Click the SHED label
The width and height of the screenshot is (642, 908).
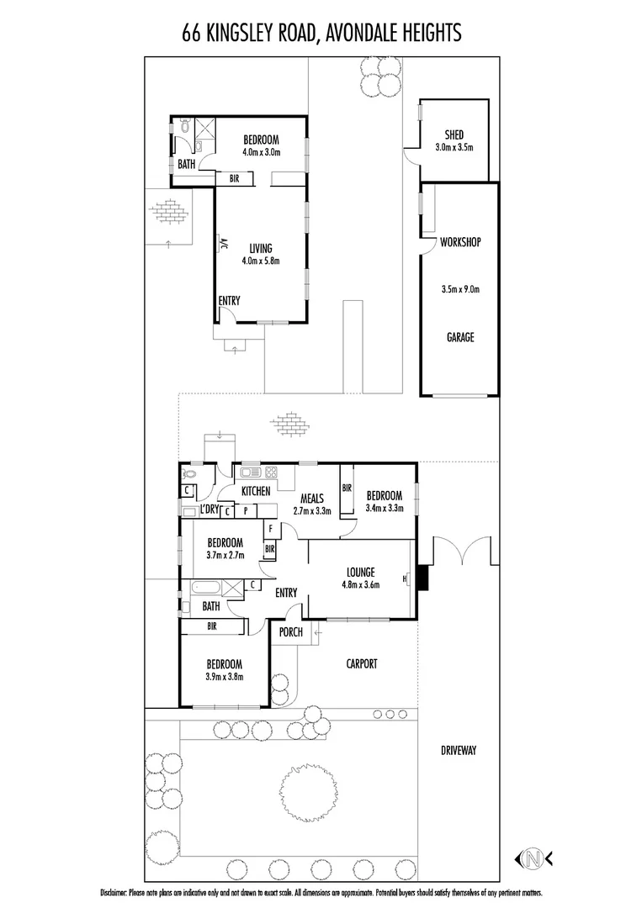(x=454, y=135)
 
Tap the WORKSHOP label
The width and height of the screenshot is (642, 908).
(x=459, y=243)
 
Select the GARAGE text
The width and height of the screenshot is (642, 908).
(x=459, y=337)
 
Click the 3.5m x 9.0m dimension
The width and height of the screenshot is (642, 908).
(x=459, y=290)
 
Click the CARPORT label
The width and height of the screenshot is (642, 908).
(x=362, y=663)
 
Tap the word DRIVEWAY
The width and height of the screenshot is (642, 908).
(x=458, y=750)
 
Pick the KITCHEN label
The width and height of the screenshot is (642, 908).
(x=256, y=490)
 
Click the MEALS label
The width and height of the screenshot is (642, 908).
(x=311, y=497)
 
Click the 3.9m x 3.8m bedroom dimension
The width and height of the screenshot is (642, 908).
(x=225, y=676)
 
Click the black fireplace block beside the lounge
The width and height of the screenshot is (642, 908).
(x=422, y=578)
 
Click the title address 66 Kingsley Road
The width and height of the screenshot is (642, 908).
(x=321, y=33)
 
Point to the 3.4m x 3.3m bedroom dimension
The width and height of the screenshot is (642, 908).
(x=385, y=508)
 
